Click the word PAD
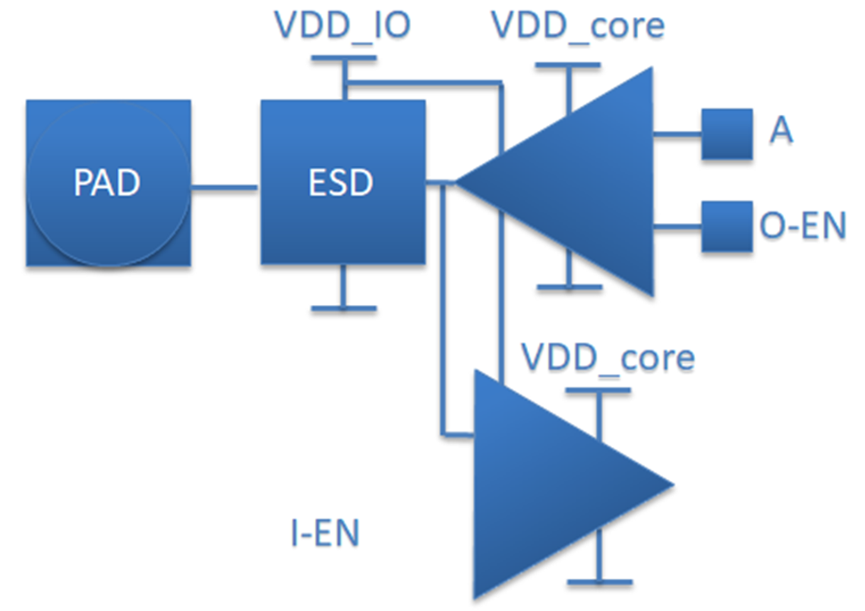click(107, 183)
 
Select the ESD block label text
click(341, 183)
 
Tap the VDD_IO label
click(343, 26)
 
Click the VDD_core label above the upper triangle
click(578, 26)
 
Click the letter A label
click(780, 133)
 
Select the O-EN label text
click(802, 227)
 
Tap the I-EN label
click(324, 534)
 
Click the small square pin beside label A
click(726, 134)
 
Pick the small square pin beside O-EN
click(726, 227)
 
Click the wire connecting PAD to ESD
click(225, 188)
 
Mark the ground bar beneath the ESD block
click(343, 308)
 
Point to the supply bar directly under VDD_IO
click(343, 60)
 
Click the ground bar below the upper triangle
click(569, 288)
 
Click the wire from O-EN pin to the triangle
click(677, 227)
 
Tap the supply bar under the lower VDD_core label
click(598, 390)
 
